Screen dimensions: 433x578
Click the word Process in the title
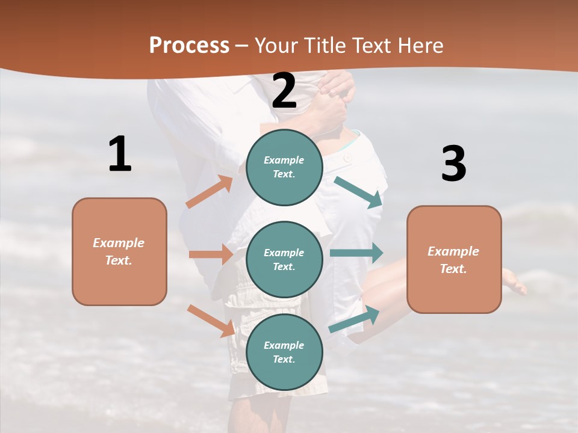tap(189, 46)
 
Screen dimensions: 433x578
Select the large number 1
tap(120, 154)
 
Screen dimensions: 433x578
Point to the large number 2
tap(284, 91)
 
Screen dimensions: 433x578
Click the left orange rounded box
tap(119, 251)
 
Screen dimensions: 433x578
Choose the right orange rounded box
tap(454, 259)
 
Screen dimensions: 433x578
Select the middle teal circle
tap(284, 259)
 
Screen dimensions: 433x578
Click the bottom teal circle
tap(284, 352)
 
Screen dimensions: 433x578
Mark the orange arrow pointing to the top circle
tap(210, 192)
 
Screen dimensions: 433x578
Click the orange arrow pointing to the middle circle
tap(211, 254)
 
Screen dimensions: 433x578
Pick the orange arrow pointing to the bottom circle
tap(211, 320)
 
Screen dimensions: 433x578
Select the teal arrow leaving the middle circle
tap(356, 253)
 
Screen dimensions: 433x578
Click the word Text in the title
tap(370, 46)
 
